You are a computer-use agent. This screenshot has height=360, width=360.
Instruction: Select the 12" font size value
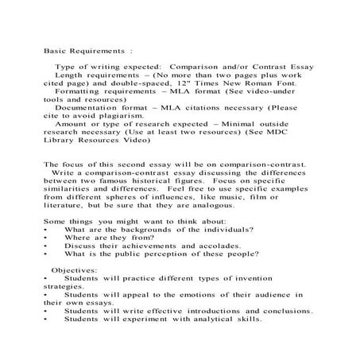pyautogui.click(x=202, y=83)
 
